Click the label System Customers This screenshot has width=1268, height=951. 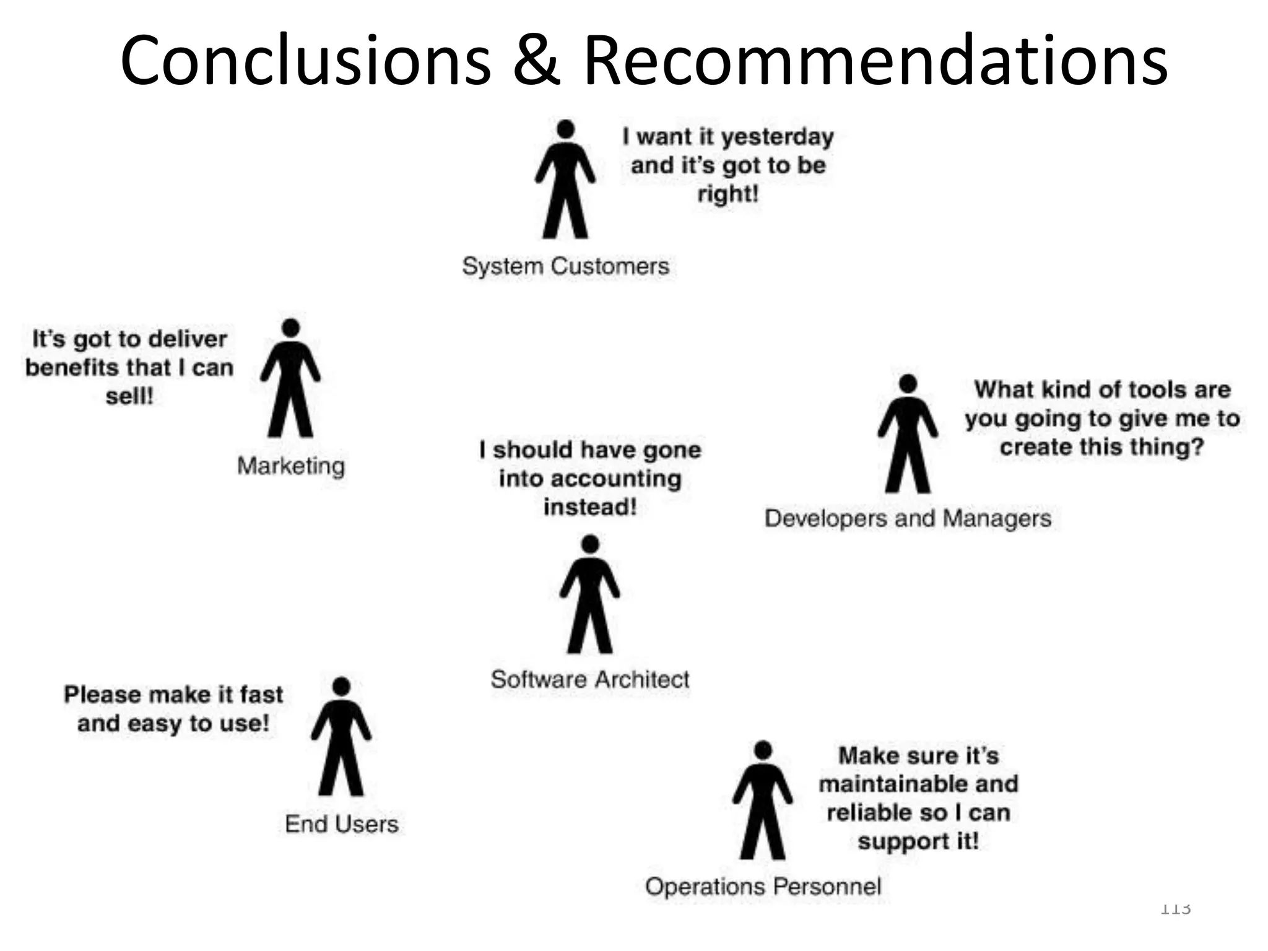pyautogui.click(x=565, y=266)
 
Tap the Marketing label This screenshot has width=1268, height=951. pyautogui.click(x=290, y=466)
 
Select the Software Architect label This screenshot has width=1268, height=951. pyautogui.click(x=590, y=679)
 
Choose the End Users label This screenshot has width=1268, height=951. pyautogui.click(x=341, y=824)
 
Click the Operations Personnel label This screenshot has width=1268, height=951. pyautogui.click(x=763, y=886)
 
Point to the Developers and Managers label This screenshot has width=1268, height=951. pyautogui.click(x=908, y=518)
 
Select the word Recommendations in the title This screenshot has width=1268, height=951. pyautogui.click(x=875, y=61)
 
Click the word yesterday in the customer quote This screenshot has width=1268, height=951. pyautogui.click(x=778, y=137)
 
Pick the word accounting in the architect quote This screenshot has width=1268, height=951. pyautogui.click(x=615, y=479)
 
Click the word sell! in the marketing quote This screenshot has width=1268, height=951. pyautogui.click(x=129, y=396)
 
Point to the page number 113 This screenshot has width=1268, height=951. pyautogui.click(x=1175, y=909)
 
